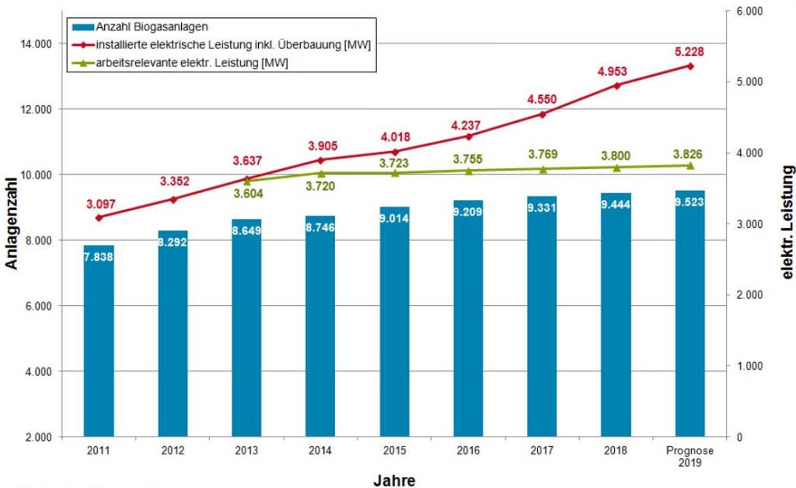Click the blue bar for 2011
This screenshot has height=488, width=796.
click(x=99, y=341)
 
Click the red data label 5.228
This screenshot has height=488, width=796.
click(x=689, y=52)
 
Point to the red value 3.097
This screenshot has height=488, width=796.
click(x=101, y=204)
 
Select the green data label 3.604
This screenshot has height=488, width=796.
click(x=248, y=194)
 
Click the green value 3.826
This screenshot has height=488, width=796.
click(x=688, y=154)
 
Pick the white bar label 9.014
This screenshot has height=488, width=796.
click(x=394, y=218)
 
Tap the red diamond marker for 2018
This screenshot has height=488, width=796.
click(x=617, y=85)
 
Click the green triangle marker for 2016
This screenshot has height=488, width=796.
click(x=469, y=170)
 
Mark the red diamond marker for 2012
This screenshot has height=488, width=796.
click(x=173, y=200)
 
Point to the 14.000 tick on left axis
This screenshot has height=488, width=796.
click(x=36, y=44)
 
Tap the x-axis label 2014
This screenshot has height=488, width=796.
click(x=320, y=450)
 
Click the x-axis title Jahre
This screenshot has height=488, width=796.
click(x=394, y=480)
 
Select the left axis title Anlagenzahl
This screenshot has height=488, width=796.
click(x=11, y=224)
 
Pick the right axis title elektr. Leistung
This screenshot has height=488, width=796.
click(x=787, y=222)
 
